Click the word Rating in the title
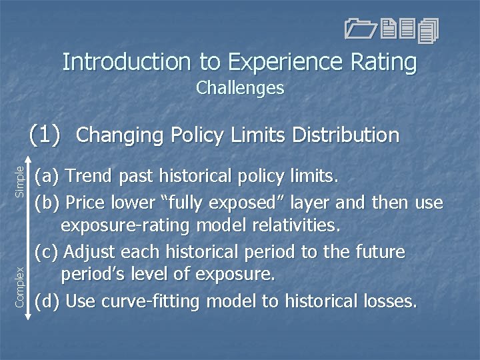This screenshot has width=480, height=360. pyautogui.click(x=382, y=62)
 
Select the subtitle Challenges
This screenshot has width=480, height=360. pyautogui.click(x=240, y=88)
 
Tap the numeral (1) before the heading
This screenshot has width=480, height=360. pyautogui.click(x=45, y=135)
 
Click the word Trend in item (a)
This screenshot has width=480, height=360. pyautogui.click(x=89, y=177)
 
